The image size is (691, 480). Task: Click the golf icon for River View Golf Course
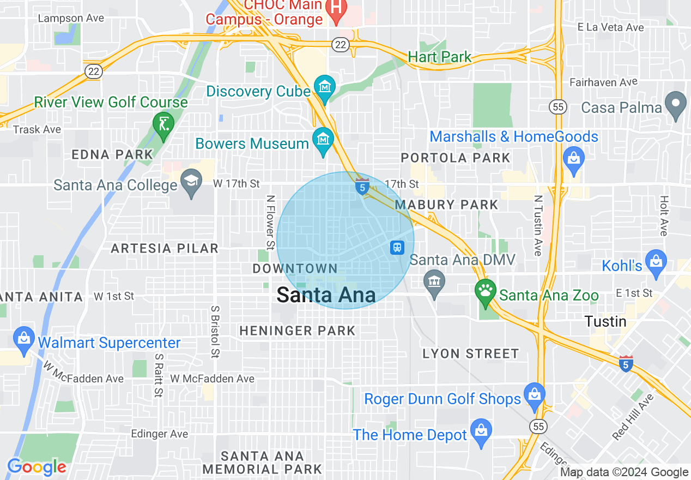[163, 124]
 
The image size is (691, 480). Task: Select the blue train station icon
[398, 247]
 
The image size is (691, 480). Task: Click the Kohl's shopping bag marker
[656, 261]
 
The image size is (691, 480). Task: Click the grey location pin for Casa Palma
[676, 103]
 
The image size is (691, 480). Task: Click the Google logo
[36, 467]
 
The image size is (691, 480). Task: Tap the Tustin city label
[605, 321]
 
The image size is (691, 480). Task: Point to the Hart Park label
[439, 57]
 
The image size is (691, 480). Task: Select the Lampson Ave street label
[71, 18]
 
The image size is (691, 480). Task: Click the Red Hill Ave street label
[633, 417]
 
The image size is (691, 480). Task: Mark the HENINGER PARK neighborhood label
[297, 331]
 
